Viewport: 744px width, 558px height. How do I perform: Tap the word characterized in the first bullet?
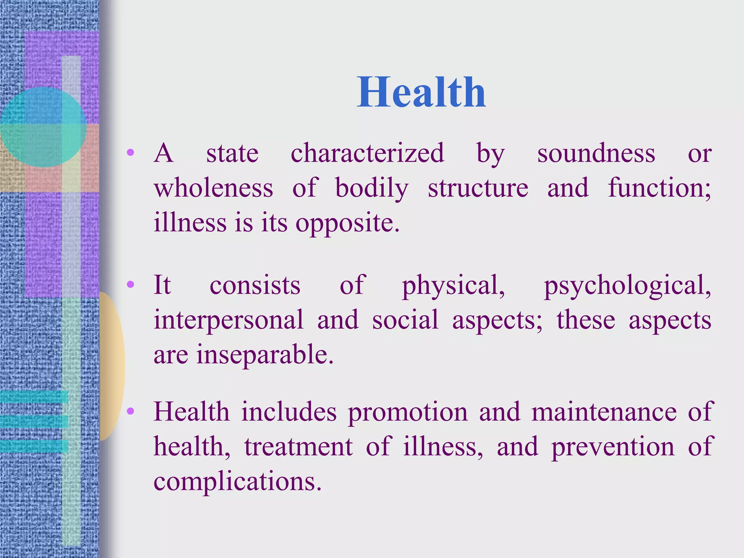pos(367,153)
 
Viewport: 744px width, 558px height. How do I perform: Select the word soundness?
pos(596,153)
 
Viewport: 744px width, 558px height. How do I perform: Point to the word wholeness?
pos(213,188)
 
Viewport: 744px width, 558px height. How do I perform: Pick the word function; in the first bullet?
pos(659,188)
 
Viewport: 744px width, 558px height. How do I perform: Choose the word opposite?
pos(347,223)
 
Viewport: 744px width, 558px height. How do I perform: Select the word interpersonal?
pos(229,320)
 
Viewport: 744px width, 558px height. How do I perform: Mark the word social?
pos(405,320)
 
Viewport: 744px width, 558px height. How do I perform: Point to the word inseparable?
pos(265,355)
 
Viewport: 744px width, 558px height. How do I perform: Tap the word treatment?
pos(298,446)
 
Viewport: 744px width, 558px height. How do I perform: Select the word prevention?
pos(612,447)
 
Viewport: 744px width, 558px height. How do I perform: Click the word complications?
pos(238,481)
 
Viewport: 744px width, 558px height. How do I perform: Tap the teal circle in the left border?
pos(43,127)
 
